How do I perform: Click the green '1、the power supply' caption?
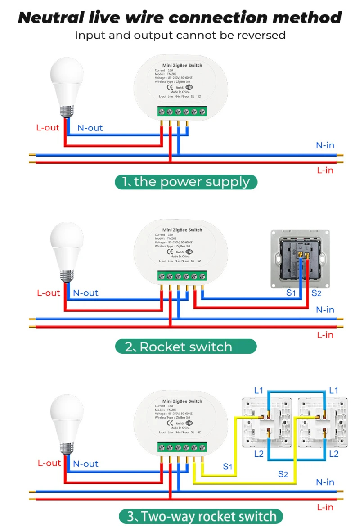point(186,182)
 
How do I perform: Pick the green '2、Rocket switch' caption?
point(186,346)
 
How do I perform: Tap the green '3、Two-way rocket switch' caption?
point(201,516)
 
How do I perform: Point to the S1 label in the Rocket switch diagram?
point(292,293)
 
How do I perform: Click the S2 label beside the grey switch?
point(317,293)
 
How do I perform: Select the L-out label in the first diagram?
point(48,127)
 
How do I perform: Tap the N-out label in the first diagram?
point(90,128)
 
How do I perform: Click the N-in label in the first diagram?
point(325,145)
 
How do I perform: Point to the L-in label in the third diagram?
point(325,507)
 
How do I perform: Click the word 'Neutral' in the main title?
point(51,18)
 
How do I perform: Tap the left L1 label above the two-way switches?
point(258,391)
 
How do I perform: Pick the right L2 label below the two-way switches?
point(333,454)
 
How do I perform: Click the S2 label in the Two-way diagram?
point(283,473)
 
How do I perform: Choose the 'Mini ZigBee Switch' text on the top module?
point(182,65)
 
